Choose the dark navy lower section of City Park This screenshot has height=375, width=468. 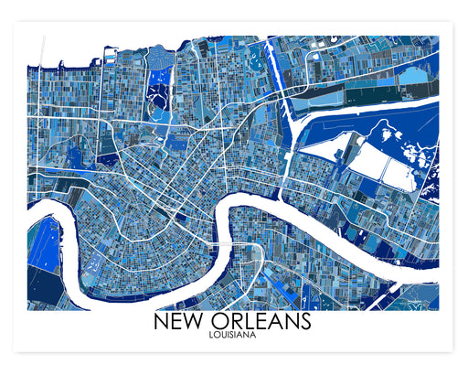[x=162, y=113]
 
